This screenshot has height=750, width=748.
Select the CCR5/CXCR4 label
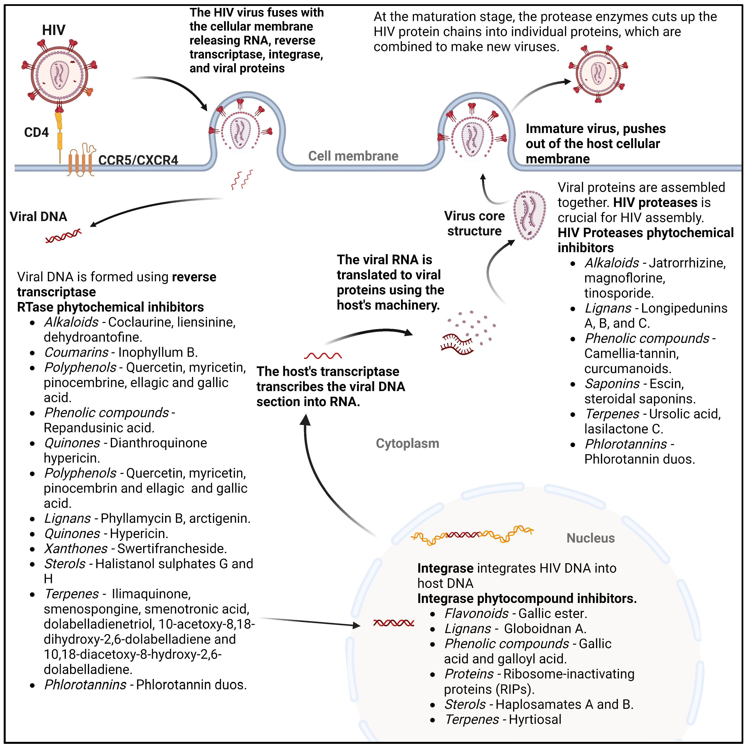(138, 160)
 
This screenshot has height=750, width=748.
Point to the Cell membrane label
(353, 156)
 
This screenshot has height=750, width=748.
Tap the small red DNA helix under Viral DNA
(63, 236)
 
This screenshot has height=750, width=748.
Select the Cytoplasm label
(407, 443)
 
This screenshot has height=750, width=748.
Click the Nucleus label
(590, 538)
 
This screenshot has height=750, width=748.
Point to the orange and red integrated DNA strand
(472, 535)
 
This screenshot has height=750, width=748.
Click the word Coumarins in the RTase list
(76, 353)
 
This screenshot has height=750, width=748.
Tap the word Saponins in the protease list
(612, 384)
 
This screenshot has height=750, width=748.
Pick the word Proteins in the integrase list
(469, 674)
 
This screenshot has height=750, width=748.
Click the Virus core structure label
(474, 223)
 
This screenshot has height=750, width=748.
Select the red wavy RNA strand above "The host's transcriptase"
(323, 356)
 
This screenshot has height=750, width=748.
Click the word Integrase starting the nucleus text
(445, 568)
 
